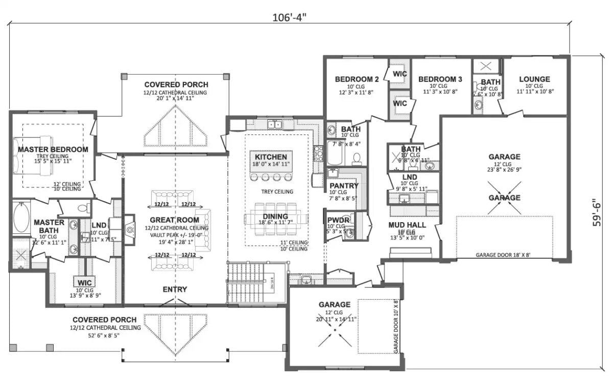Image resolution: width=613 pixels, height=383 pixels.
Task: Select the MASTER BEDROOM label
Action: [53, 149]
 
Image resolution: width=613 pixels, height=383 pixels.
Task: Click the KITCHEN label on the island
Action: [271, 157]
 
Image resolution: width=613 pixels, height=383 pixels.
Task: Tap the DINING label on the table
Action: [275, 216]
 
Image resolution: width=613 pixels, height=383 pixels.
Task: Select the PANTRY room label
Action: [344, 185]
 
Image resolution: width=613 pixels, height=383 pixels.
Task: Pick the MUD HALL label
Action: [407, 225]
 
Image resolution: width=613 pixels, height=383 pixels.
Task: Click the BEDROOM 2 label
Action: [357, 79]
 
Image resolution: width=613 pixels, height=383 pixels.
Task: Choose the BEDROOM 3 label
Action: [440, 79]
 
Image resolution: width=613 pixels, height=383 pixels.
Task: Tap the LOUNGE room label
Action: [534, 79]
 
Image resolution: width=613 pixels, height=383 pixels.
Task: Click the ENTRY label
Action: [175, 290]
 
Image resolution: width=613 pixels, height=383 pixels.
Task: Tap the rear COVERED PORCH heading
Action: [176, 84]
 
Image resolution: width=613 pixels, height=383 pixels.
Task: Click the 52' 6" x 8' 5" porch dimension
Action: [106, 336]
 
